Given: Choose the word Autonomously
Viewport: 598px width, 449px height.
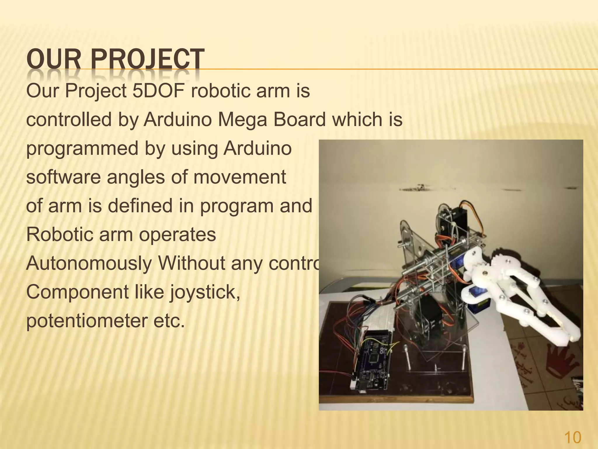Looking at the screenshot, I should click(x=89, y=263).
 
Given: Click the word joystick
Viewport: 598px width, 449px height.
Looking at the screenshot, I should click(x=204, y=292).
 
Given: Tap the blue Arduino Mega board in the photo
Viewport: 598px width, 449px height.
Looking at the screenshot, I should click(x=371, y=362).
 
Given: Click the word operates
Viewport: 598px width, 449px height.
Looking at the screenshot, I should click(x=177, y=234).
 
